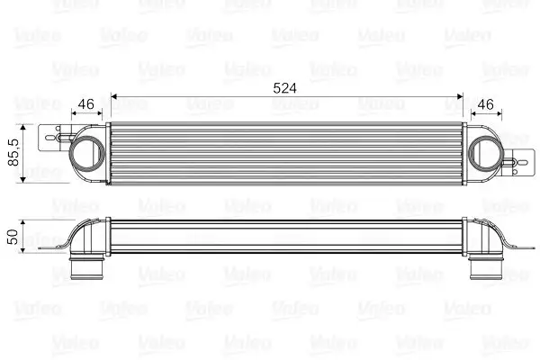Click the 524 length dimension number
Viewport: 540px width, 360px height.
coord(285,88)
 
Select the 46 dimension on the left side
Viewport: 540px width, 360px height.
coord(87,103)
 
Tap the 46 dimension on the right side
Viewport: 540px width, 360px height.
coord(488,103)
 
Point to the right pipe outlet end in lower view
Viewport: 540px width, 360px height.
coord(486,269)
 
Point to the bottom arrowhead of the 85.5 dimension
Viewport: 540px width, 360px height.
coord(25,179)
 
